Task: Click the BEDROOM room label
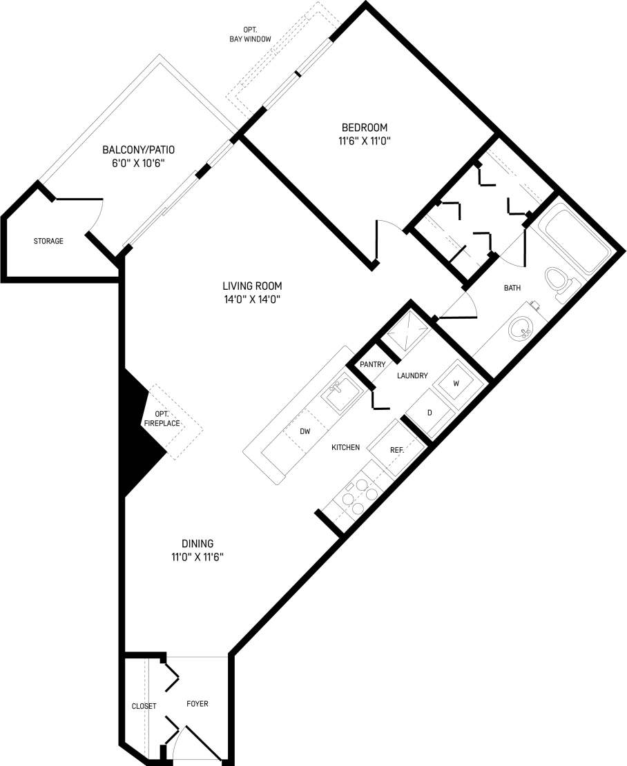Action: [x=365, y=128]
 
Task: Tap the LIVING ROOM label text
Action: [x=252, y=286]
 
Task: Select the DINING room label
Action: [x=197, y=543]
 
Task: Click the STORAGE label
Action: [x=48, y=242]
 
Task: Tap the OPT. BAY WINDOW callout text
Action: [x=250, y=35]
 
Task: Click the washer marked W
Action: [x=456, y=382]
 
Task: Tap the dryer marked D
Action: [x=429, y=413]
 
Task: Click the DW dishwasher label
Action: [x=305, y=431]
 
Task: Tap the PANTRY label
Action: [x=372, y=364]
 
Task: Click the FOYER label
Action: [x=197, y=704]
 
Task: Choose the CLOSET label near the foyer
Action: [x=144, y=706]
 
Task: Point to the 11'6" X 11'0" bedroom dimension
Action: [x=365, y=141]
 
